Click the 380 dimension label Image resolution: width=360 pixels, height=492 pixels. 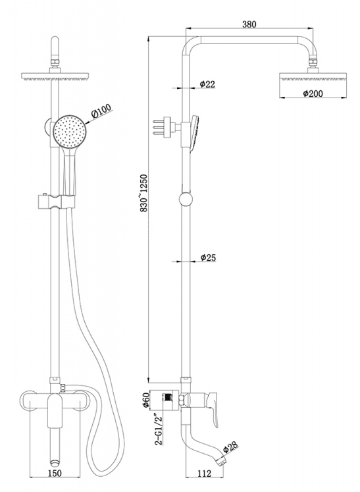(x=249, y=24)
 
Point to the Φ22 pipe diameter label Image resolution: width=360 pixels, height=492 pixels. (x=207, y=84)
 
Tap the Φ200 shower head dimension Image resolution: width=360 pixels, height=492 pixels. (x=313, y=93)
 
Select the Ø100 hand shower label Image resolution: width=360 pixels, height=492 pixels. (x=101, y=111)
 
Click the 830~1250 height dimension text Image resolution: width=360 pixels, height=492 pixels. (x=144, y=193)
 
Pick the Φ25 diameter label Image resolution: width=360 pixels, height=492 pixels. (x=208, y=258)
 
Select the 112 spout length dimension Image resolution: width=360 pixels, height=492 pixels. (x=205, y=473)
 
